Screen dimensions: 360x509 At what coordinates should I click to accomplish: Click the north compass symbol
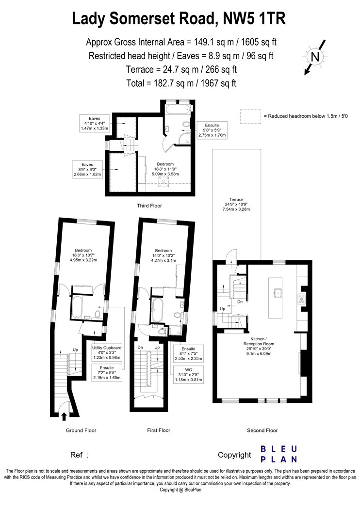point(315,57)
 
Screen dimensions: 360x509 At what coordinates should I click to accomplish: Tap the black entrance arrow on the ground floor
point(64,416)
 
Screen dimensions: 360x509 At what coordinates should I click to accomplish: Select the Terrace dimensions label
point(236,205)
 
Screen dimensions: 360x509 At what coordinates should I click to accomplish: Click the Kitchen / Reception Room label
point(259,346)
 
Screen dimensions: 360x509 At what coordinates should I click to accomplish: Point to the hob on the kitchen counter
point(302,299)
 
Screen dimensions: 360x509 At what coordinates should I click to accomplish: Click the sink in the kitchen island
point(278,292)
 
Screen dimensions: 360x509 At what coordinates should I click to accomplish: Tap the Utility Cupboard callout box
point(107,352)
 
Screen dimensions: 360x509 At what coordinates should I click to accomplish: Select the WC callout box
point(188,375)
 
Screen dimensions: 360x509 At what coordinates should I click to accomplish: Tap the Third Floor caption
point(149,206)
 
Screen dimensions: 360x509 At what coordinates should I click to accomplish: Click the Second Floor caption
point(262,430)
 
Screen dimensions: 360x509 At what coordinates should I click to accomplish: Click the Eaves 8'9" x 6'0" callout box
point(87,169)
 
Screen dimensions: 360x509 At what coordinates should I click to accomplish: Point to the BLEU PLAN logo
point(279,454)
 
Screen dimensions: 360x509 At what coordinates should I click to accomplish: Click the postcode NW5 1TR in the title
point(254,18)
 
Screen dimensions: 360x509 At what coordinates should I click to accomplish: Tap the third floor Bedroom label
point(165,169)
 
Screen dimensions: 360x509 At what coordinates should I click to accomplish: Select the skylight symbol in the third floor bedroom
point(164,182)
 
